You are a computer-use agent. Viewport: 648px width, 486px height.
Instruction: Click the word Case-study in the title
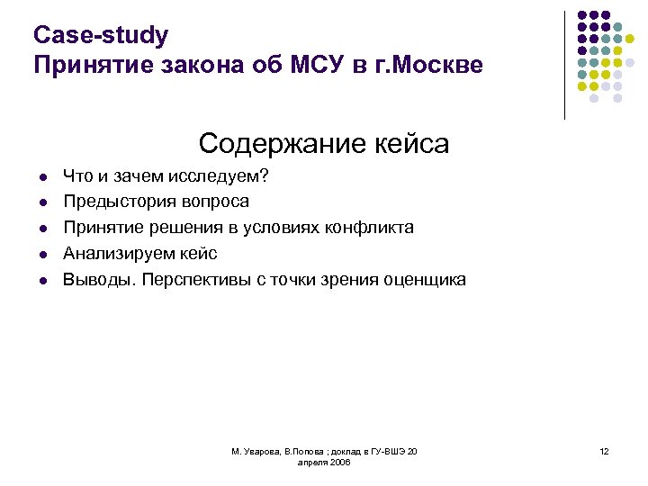(100, 35)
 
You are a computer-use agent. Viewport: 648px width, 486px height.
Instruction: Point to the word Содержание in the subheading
(270, 143)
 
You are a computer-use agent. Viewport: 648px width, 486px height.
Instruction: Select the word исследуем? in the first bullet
(218, 176)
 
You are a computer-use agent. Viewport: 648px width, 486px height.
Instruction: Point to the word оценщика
(424, 280)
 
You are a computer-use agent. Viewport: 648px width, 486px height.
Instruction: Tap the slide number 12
(604, 451)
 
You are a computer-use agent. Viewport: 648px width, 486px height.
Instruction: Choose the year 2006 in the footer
(339, 462)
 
